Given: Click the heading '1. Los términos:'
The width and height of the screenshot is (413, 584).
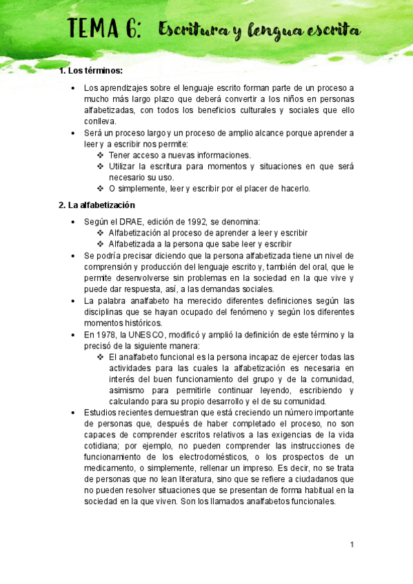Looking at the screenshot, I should point(92,72).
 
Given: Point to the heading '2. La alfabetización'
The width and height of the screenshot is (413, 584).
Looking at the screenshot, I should point(97,205).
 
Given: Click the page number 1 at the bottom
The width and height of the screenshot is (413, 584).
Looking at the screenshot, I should point(352,545).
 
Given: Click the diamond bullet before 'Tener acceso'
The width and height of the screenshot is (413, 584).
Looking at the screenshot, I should point(101,156).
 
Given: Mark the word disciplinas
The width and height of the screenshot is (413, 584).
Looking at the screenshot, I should point(105,311).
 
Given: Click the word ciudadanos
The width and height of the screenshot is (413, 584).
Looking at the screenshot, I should point(323,479).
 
